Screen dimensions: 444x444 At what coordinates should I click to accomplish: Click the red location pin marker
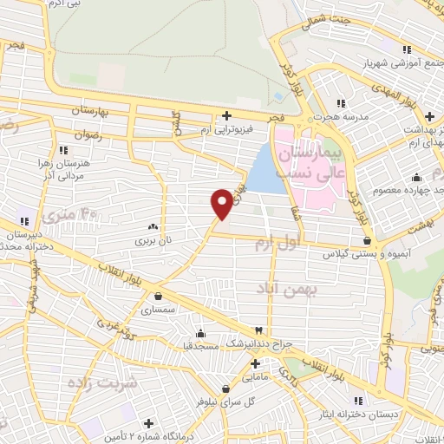coord(222,204)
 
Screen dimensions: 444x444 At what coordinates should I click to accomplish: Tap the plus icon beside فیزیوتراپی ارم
coord(227,115)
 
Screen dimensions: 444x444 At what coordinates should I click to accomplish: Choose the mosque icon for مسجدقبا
coord(202,334)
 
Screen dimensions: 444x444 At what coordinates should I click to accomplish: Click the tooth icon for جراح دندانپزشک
coord(258,331)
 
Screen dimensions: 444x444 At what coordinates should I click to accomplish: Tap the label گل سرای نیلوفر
coord(226,401)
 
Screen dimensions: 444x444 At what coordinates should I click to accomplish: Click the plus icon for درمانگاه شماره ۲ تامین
coord(149,424)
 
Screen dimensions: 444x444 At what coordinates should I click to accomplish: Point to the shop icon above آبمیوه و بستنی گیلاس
coord(367,240)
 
